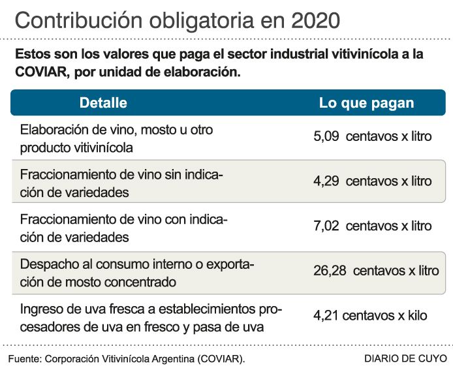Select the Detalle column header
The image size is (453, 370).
(x=103, y=103)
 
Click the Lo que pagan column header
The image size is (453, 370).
(x=366, y=103)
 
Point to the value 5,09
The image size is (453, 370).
(x=326, y=137)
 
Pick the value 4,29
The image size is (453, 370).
(x=326, y=181)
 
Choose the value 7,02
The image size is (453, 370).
(x=326, y=226)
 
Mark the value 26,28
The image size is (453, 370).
(x=330, y=270)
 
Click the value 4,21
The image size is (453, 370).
(x=326, y=315)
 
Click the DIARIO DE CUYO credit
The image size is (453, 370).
(x=405, y=359)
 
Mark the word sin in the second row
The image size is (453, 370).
(x=169, y=175)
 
